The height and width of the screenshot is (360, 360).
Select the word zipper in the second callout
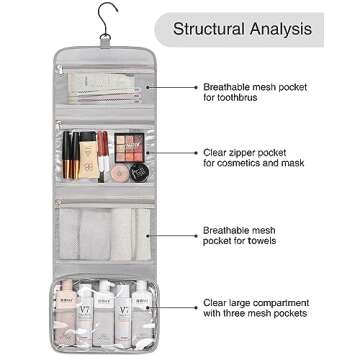(x=253, y=151)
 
